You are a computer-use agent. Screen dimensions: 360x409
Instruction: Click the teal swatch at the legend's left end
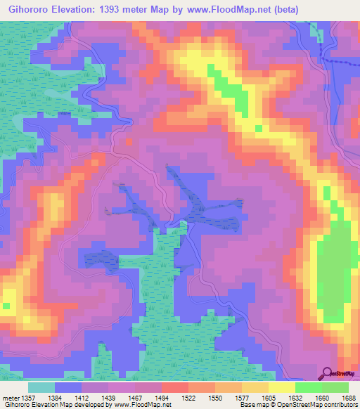[x=41, y=387]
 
